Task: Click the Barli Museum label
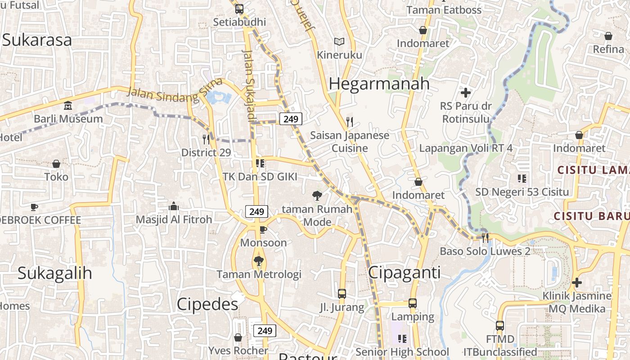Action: point(68,119)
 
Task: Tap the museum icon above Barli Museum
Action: point(68,106)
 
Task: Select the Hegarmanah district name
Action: point(379,84)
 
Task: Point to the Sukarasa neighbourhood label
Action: point(37,40)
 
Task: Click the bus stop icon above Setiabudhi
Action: point(239,9)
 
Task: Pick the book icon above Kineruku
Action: point(339,42)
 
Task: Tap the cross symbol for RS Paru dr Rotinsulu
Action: point(466,93)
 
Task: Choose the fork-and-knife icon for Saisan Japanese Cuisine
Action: point(349,121)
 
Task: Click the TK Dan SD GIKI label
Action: point(260,177)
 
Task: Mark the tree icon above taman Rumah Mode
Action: point(317,196)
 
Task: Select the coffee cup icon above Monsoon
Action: point(263,230)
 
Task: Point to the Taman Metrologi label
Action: point(259,274)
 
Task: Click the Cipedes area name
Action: point(207,304)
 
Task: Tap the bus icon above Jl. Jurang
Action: point(342,294)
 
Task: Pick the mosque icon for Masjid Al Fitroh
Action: point(174,207)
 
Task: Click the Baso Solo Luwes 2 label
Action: point(485,251)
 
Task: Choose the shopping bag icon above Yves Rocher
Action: point(238,337)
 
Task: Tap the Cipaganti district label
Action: point(404,272)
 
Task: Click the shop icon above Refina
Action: point(608,36)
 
